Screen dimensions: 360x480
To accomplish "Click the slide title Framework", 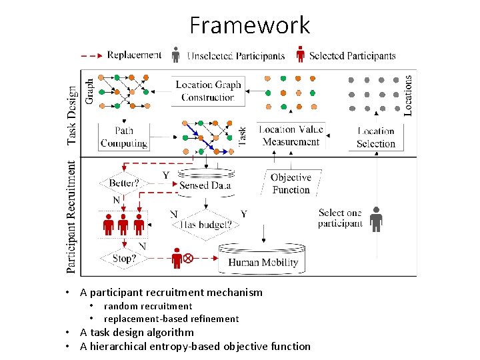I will [249, 25].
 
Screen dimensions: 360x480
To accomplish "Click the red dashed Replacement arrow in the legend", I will [91, 55].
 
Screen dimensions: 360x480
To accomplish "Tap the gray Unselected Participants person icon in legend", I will [175, 55].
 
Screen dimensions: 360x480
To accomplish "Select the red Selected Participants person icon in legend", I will [300, 55].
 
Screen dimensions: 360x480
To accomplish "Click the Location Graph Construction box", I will [208, 91].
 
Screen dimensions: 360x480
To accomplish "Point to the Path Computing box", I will [123, 137].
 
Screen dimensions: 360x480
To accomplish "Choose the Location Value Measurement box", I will [291, 136].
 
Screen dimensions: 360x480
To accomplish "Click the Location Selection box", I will [376, 137].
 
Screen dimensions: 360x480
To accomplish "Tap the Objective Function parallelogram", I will [291, 183].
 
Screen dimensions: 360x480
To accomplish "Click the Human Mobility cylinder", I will [263, 259].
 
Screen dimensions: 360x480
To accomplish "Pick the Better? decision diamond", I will [123, 183].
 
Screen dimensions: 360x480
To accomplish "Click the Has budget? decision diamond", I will [207, 224].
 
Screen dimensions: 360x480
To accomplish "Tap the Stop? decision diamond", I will [123, 257].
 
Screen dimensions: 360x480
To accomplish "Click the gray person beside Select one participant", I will [377, 219].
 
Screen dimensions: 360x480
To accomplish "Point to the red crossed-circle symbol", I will [188, 257].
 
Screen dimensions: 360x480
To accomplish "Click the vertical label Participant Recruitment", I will [71, 216].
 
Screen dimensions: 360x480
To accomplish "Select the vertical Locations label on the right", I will [408, 95].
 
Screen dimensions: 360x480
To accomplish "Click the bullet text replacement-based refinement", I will [171, 319].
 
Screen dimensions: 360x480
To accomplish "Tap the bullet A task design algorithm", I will [137, 332].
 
